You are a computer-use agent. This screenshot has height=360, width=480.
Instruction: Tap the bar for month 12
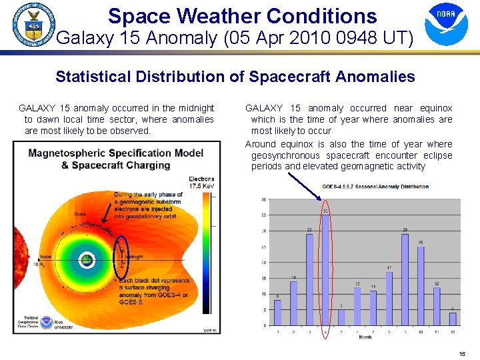(453, 319)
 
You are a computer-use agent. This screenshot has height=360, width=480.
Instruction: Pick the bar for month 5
(341, 317)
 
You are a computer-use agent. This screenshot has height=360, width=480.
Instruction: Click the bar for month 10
(421, 285)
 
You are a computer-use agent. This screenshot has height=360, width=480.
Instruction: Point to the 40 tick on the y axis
(265, 199)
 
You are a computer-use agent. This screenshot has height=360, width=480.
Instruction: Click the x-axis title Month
(365, 337)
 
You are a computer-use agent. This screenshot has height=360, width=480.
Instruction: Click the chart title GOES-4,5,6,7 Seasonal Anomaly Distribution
(375, 187)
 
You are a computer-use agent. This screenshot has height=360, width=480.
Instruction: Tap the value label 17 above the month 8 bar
(389, 267)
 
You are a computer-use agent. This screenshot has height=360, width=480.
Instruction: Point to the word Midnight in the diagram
(133, 256)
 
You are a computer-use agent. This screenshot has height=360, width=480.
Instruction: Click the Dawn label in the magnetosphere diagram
(80, 214)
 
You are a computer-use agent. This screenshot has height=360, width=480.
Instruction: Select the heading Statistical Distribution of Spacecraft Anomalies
(235, 77)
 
